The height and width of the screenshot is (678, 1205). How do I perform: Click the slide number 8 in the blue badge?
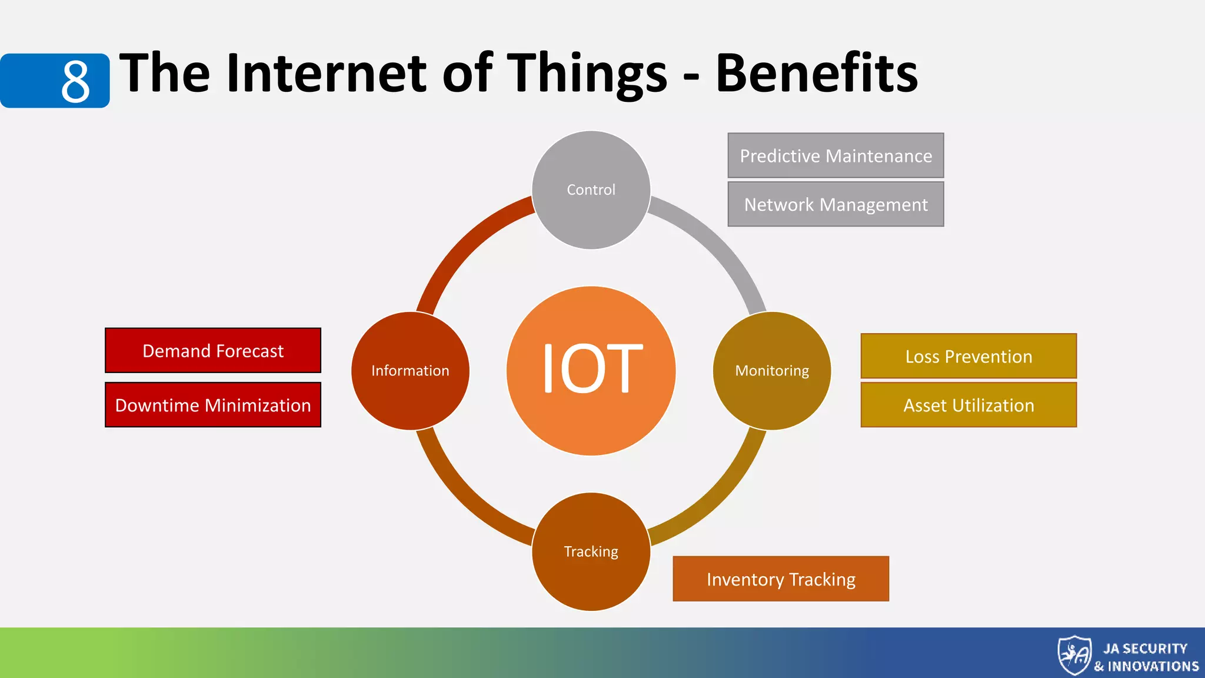click(x=75, y=81)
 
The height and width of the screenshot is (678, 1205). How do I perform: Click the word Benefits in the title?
click(x=816, y=74)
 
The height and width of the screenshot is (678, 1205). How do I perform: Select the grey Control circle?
click(x=591, y=190)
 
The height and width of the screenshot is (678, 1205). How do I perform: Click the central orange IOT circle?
click(x=591, y=371)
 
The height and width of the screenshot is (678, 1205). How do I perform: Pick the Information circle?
click(x=410, y=371)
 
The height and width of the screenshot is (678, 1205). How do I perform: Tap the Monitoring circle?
click(x=772, y=371)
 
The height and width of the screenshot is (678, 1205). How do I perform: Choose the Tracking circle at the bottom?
click(x=591, y=551)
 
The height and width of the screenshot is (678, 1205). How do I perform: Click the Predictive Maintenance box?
click(x=835, y=155)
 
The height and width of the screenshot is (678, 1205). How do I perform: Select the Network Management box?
click(x=835, y=204)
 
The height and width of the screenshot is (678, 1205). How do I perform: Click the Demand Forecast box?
click(x=213, y=351)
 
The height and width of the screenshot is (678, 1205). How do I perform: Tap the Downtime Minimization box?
click(x=213, y=405)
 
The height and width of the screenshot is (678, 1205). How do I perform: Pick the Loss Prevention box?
click(x=968, y=356)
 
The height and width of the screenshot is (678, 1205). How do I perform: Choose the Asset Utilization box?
click(x=968, y=405)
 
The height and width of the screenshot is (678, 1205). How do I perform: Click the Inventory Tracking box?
click(x=781, y=579)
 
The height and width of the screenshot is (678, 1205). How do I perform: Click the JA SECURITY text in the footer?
click(x=1145, y=649)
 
